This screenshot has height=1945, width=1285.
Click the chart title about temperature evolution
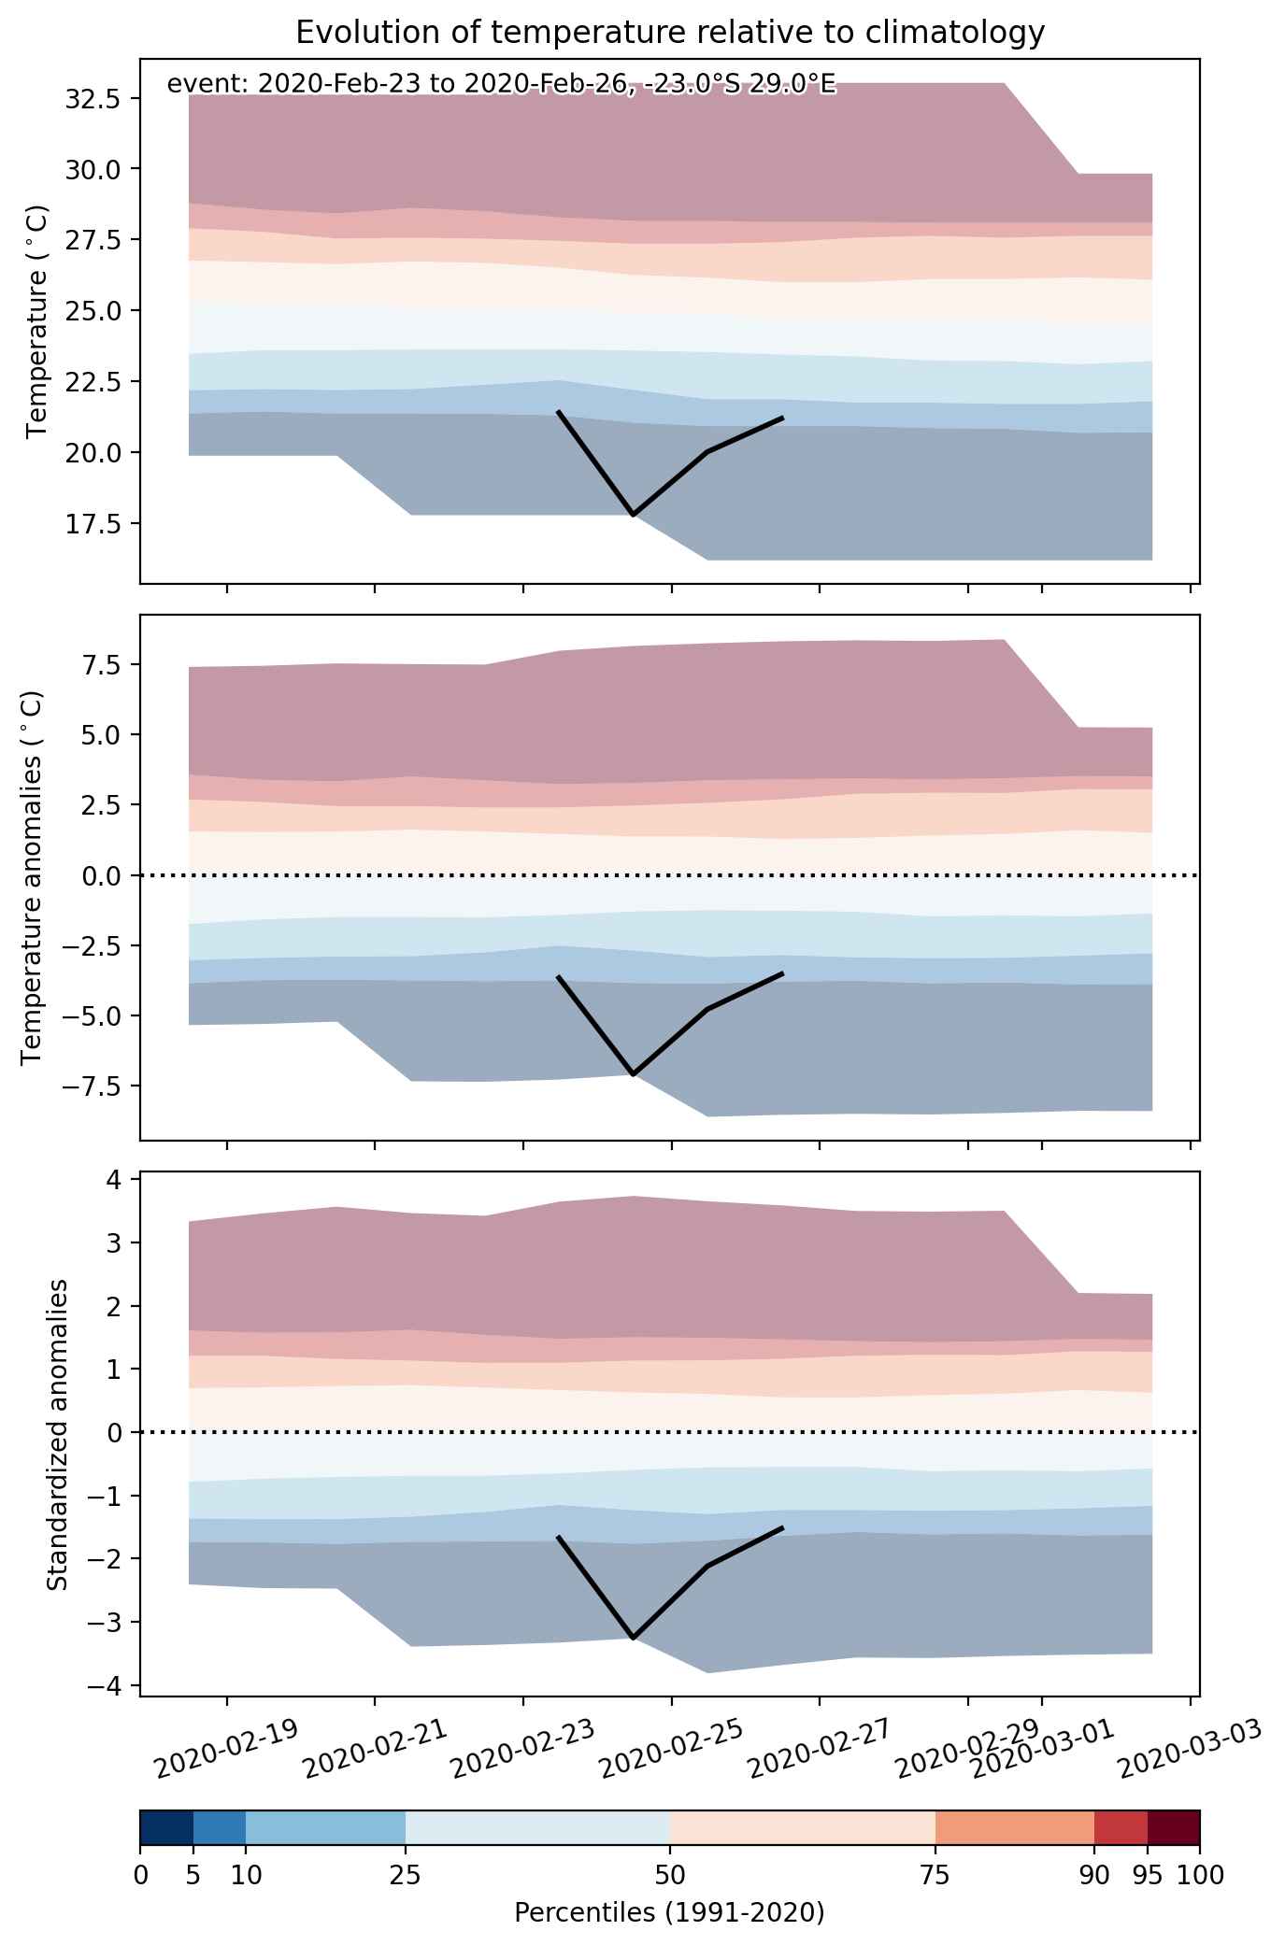click(x=669, y=33)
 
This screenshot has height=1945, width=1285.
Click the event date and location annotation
click(x=501, y=85)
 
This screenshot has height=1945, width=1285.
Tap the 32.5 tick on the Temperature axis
click(x=92, y=98)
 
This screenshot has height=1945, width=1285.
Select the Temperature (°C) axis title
click(x=36, y=321)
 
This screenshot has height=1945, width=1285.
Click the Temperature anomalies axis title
click(x=33, y=877)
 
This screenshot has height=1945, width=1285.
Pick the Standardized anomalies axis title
click(x=58, y=1434)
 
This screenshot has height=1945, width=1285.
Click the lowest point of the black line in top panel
click(x=634, y=515)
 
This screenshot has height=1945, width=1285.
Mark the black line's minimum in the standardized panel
click(x=634, y=1638)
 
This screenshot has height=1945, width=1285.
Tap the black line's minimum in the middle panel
click(x=634, y=1074)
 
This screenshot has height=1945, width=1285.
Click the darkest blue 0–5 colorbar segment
click(x=166, y=1827)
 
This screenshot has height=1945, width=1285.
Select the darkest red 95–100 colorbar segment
click(x=1173, y=1827)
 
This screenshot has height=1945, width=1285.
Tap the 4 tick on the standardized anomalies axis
click(x=112, y=1180)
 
